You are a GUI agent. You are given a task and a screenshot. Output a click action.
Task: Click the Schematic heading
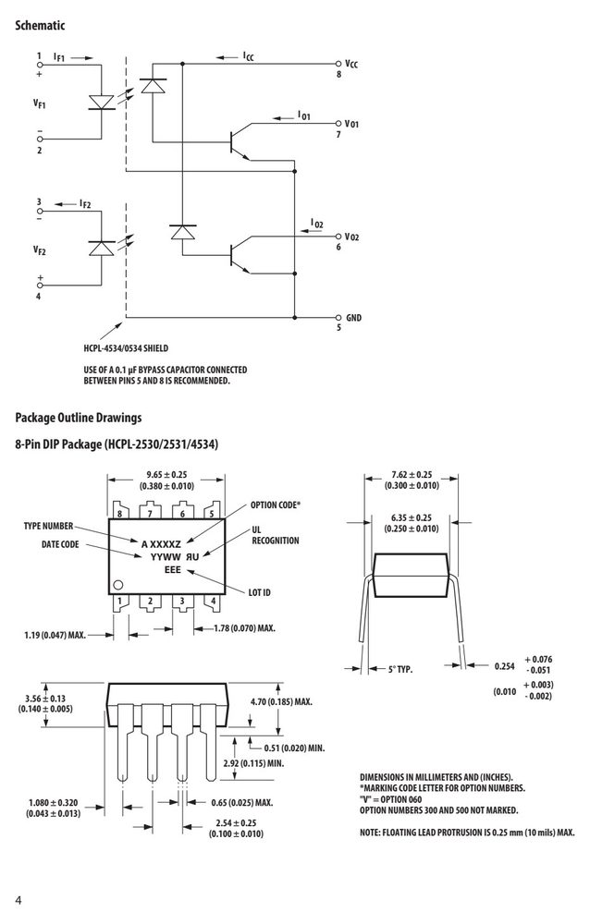40,25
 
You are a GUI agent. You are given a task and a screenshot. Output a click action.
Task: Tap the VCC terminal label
351,64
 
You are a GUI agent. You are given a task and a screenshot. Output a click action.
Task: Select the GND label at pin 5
353,318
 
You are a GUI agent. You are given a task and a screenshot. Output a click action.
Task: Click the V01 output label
351,124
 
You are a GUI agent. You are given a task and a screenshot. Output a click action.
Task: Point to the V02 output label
351,237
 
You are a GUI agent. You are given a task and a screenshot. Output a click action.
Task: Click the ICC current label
249,56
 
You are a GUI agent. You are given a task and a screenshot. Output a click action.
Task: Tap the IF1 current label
59,57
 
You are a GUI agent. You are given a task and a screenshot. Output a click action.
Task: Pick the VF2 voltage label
40,250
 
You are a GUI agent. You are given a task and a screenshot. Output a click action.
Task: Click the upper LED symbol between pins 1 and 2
102,102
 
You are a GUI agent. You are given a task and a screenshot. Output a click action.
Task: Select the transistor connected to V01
239,142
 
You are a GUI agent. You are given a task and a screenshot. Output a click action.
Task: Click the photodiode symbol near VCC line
153,85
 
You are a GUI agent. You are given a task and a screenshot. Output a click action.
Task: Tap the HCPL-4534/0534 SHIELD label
126,348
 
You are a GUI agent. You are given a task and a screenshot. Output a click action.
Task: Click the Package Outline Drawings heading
79,418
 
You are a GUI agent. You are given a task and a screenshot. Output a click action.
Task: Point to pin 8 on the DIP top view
120,513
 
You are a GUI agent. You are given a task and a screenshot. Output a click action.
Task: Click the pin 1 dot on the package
117,585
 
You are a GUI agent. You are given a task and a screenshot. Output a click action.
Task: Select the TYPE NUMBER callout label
48,527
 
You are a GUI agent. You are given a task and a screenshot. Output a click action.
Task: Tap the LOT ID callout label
259,592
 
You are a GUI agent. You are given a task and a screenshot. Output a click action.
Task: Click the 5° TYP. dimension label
400,669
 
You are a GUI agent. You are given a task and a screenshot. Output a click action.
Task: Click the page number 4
18,900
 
